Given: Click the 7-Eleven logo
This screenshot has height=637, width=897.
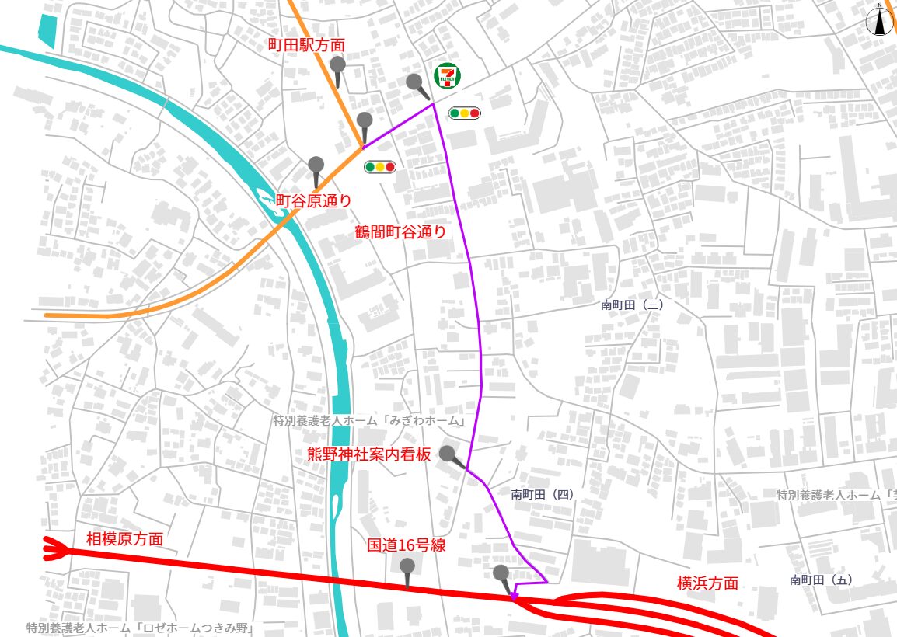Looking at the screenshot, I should click(x=447, y=75).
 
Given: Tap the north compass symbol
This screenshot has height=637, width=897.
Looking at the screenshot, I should click(x=880, y=21).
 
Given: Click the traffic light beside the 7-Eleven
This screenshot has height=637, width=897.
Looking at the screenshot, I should click(x=465, y=113).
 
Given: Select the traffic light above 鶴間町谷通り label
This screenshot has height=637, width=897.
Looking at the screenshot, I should click(x=380, y=166).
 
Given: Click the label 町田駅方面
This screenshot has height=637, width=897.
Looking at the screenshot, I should click(x=306, y=46).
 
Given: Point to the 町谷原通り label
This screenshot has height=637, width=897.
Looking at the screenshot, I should click(x=313, y=200).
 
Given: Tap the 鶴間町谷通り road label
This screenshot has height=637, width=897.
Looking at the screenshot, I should click(x=400, y=231).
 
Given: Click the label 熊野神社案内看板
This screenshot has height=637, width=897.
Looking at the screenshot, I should click(x=369, y=454).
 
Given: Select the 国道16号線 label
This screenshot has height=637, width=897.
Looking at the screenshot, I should click(x=406, y=545).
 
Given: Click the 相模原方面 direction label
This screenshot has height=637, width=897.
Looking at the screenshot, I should click(x=124, y=539).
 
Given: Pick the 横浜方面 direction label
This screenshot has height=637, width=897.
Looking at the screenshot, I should click(x=707, y=583).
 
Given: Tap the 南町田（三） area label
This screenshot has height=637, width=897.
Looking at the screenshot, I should click(x=632, y=305).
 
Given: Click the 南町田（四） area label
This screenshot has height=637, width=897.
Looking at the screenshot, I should click(x=543, y=494).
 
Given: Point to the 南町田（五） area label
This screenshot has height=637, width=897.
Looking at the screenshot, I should click(x=822, y=580).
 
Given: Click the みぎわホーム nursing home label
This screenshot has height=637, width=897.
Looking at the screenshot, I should click(x=369, y=421).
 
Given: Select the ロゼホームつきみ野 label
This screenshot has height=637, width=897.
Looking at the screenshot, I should click(x=141, y=628).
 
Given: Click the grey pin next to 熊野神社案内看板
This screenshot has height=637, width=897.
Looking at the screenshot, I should click(x=448, y=454).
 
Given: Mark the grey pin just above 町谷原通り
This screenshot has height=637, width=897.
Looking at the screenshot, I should click(x=316, y=165).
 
